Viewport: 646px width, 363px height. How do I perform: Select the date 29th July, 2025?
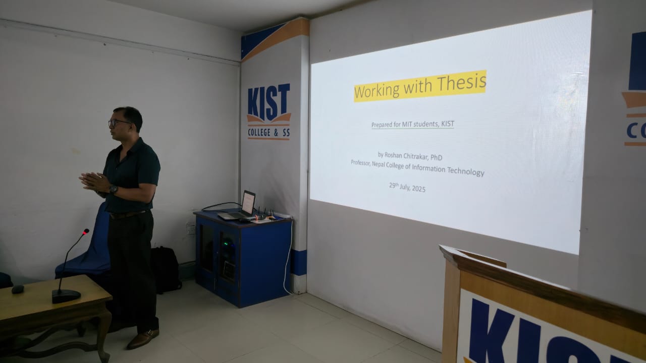[x=407, y=187]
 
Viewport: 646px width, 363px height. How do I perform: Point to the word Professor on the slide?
[x=360, y=163]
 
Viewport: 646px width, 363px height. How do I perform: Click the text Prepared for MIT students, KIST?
[x=413, y=125]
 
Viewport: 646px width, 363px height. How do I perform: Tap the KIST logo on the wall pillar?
[x=269, y=111]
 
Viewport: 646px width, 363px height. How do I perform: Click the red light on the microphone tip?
[x=86, y=231]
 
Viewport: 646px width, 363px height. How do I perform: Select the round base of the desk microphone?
[x=66, y=295]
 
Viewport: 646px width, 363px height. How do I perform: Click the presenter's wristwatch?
[x=114, y=189]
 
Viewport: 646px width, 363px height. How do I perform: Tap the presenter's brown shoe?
[x=143, y=339]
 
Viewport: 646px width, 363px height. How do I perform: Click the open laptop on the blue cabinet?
[x=239, y=207]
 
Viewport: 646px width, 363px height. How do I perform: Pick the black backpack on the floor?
[x=166, y=269]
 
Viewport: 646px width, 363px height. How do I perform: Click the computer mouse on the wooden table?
[x=18, y=289]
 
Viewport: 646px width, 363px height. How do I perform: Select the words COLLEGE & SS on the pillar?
[x=269, y=133]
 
